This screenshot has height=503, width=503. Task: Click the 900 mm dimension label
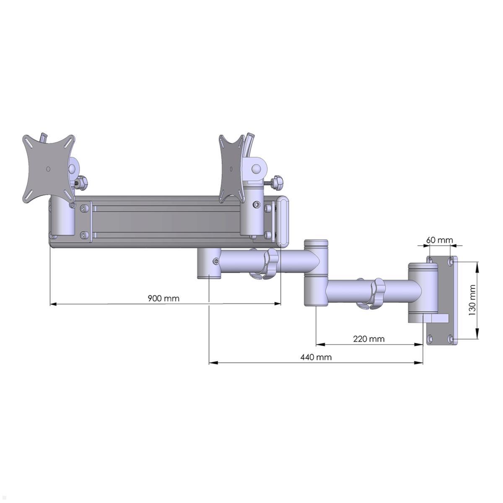click(x=163, y=298)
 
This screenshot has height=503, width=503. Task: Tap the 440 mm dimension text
click(x=316, y=357)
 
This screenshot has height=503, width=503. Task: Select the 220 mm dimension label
click(x=368, y=339)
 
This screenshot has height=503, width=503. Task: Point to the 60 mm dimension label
click(x=439, y=240)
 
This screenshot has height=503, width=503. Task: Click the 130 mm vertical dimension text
click(x=472, y=300)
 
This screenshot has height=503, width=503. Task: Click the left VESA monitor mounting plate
click(x=48, y=168)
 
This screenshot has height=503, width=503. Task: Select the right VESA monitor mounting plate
click(x=232, y=168)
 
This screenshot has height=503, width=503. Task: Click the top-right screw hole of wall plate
click(x=450, y=262)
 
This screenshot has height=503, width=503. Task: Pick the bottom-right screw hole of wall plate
click(x=450, y=339)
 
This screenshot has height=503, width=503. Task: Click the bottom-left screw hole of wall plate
click(x=430, y=339)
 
